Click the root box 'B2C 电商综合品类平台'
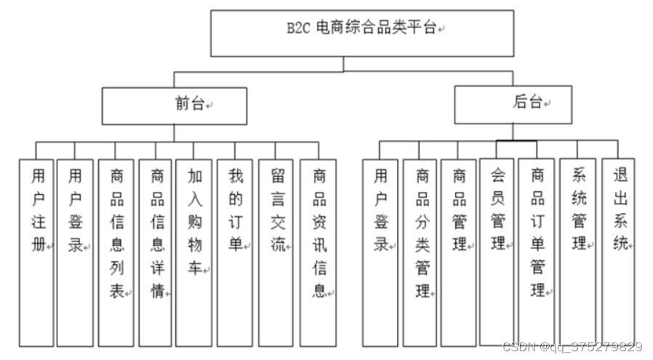pos(361,33)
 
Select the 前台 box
pos(174,105)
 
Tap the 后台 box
pos(513,104)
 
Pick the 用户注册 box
pos(36,252)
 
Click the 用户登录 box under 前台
pos(76,252)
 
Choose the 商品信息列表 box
pos(116,252)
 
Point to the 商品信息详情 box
pos(156,252)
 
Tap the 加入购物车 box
pos(194,252)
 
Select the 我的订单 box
pos(235,252)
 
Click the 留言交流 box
pos(276,252)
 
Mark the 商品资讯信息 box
pos(318,252)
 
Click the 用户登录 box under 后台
pos(380,252)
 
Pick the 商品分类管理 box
pos(421,252)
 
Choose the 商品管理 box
pos(459,252)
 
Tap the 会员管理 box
pos(497,250)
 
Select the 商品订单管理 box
pos(537,250)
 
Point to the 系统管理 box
pos(577,250)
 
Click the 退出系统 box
pos(618,250)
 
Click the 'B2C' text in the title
pos(298,30)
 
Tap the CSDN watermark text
pos(572,348)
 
